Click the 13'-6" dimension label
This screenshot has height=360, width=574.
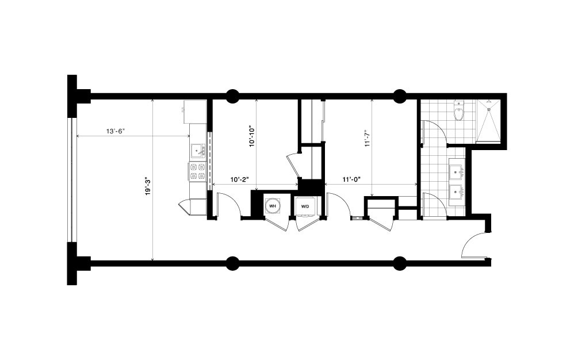116,131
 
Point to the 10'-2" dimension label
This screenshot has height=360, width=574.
239,179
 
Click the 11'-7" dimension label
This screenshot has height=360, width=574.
368,139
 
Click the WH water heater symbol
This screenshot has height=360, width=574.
272,205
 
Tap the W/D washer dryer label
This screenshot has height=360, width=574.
304,206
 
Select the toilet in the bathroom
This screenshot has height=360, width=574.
458,112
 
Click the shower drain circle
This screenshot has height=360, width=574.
489,108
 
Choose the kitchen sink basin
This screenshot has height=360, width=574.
197,151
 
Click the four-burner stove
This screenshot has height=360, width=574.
197,171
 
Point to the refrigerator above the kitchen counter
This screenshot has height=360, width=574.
194,110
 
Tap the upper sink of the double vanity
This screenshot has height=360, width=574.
457,170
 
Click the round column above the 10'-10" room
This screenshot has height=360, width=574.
232,96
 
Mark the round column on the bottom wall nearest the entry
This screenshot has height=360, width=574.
399,263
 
